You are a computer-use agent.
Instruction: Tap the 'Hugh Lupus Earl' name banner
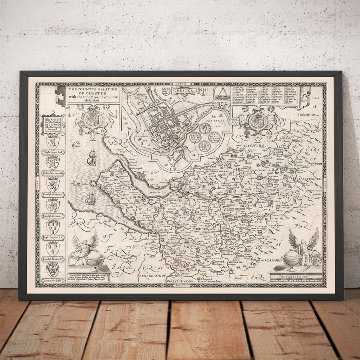(52, 152)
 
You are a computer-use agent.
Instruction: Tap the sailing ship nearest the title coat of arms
(91, 157)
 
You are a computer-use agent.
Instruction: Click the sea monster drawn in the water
(91, 198)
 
